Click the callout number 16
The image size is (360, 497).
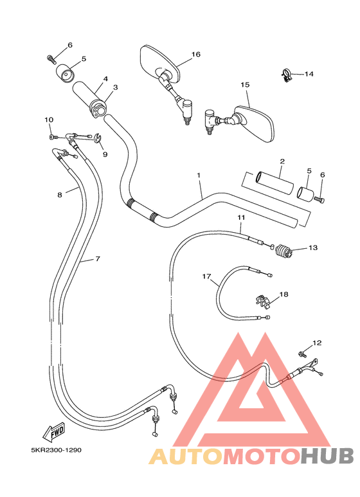(196, 55)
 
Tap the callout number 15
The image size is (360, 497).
(244, 85)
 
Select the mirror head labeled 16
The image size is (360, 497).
(157, 62)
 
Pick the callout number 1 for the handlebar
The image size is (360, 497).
(199, 176)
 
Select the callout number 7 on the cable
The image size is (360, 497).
(98, 259)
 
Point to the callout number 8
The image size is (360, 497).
(59, 194)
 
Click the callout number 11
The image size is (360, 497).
(240, 219)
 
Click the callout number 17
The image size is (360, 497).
(207, 276)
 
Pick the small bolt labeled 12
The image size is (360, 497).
(301, 353)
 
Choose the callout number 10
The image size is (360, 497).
(49, 120)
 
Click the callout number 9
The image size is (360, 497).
(104, 154)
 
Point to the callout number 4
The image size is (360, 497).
(105, 80)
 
